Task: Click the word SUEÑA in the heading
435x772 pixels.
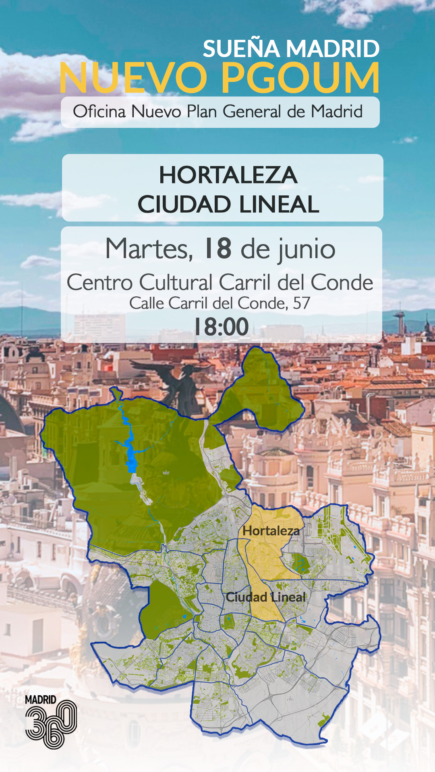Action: point(241,49)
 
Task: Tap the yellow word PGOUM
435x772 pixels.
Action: point(300,78)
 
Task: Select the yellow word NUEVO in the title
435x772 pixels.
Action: point(133,78)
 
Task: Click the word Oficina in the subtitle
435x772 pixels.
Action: point(99,111)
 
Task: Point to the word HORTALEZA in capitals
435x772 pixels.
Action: point(228,175)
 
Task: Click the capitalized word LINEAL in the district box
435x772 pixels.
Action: point(279,204)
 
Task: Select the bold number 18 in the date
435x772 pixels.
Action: point(218,248)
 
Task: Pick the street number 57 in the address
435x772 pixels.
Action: point(301,303)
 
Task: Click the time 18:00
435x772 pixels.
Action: point(221,326)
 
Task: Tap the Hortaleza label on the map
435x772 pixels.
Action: point(271,531)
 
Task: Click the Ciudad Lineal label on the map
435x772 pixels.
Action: point(265,597)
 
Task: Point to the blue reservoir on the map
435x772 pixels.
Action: point(132,458)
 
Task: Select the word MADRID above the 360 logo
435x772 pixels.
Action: point(40,700)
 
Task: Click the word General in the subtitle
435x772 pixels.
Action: point(251,111)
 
